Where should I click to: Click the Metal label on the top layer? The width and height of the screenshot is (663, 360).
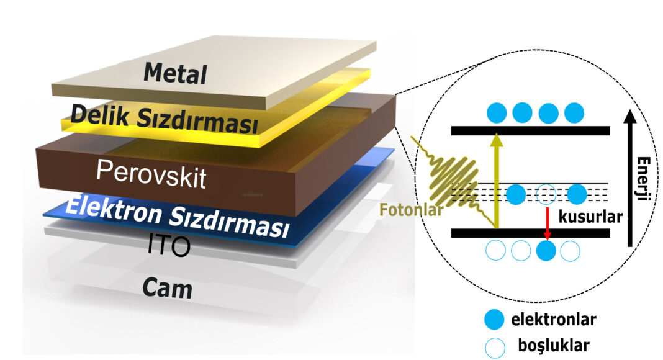(175, 73)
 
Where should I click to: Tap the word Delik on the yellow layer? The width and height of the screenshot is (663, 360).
(100, 114)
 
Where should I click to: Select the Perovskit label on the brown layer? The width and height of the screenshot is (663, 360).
(151, 174)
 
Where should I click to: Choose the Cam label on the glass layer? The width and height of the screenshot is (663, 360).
(168, 288)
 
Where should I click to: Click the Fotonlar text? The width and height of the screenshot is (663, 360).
(411, 210)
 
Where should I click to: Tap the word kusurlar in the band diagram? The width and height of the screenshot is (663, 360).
(591, 217)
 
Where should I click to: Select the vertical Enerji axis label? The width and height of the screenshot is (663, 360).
(643, 178)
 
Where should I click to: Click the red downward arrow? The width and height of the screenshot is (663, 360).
(548, 223)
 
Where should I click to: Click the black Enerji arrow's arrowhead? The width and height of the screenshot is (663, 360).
(631, 117)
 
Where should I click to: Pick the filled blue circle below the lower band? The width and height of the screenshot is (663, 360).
(546, 251)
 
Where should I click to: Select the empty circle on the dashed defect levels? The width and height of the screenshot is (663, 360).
(546, 194)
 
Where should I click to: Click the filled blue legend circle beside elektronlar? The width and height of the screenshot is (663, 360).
(494, 320)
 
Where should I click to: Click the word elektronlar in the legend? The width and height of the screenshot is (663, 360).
(554, 320)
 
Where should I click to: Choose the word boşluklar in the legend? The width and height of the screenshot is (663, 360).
(554, 346)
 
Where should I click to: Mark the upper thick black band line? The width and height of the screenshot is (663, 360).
(531, 130)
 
